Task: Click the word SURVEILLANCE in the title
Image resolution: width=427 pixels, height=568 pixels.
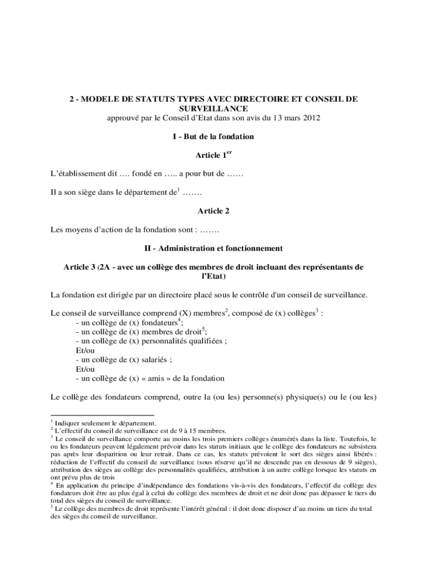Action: (x=213, y=108)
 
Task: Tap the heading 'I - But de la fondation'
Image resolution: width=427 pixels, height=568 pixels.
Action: (x=213, y=136)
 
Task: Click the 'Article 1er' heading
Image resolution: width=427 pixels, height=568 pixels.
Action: (x=213, y=155)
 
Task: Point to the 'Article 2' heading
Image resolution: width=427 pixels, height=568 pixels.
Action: (x=213, y=211)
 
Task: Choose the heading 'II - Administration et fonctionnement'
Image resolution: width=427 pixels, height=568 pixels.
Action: (x=213, y=248)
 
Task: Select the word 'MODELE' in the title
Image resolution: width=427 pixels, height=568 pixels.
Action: (x=100, y=99)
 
